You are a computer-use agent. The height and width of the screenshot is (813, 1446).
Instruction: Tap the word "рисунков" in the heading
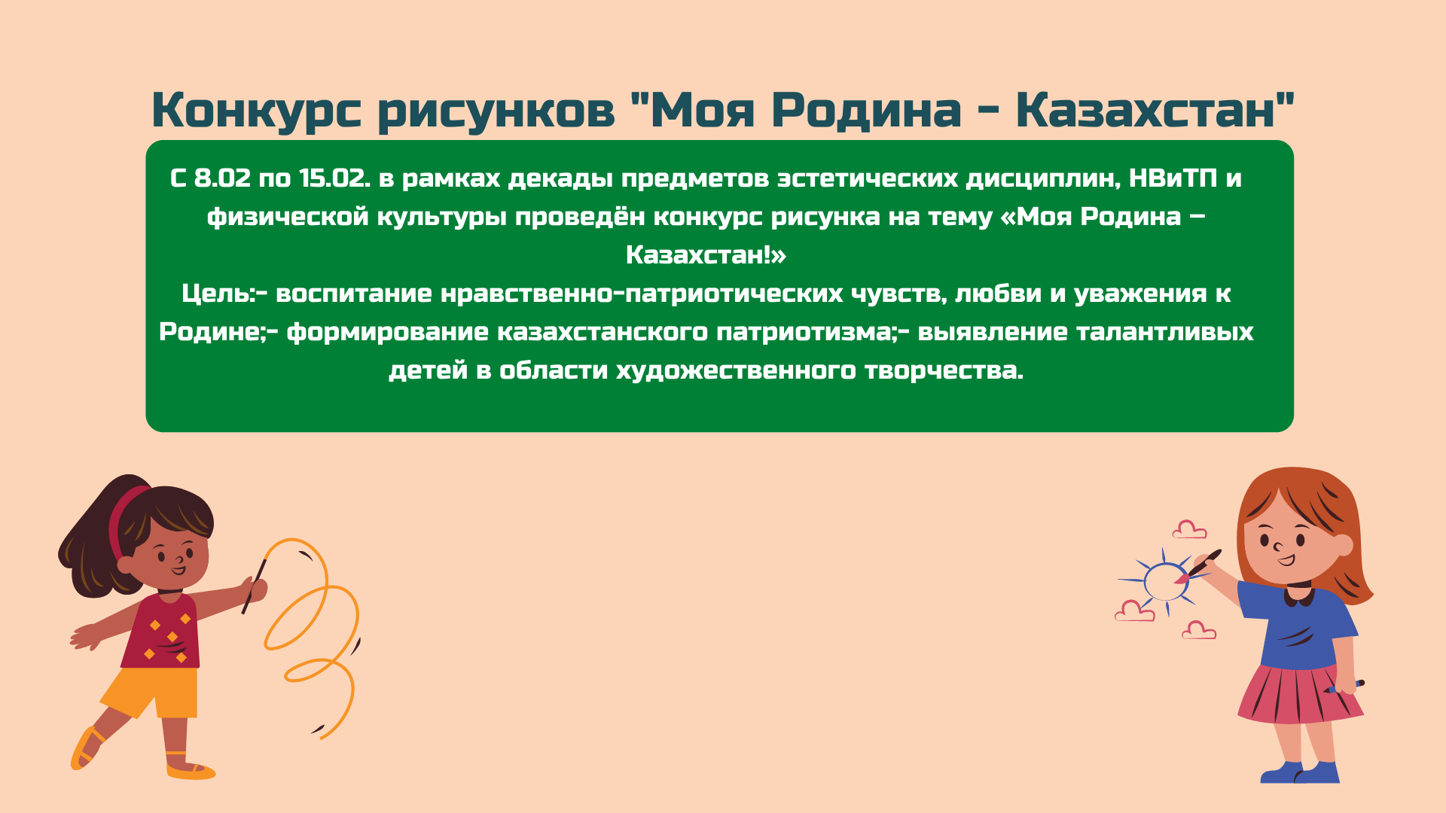[x=496, y=110]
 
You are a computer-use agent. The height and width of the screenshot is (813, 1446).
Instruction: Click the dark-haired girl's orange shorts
[x=153, y=691]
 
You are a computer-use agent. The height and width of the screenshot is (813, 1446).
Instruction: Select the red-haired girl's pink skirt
[x=1299, y=694]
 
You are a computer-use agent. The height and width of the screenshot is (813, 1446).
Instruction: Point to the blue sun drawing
[x=1165, y=582]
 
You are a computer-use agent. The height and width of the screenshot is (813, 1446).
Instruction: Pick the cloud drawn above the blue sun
[x=1190, y=530]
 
